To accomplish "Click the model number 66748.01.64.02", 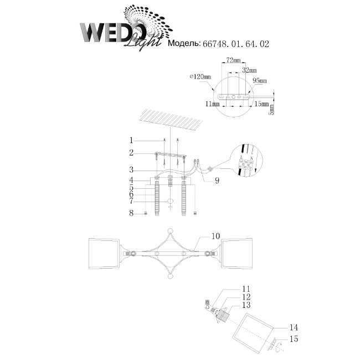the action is [235, 44].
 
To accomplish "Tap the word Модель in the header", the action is [184, 43].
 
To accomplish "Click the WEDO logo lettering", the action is [113, 32].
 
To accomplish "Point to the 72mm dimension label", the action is [233, 60].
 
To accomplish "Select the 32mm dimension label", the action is [249, 70].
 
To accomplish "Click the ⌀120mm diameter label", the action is [200, 76].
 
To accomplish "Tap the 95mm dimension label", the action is [259, 81].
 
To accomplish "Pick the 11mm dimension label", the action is [212, 104].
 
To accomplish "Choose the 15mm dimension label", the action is [261, 104].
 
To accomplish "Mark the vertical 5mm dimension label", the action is [271, 110].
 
